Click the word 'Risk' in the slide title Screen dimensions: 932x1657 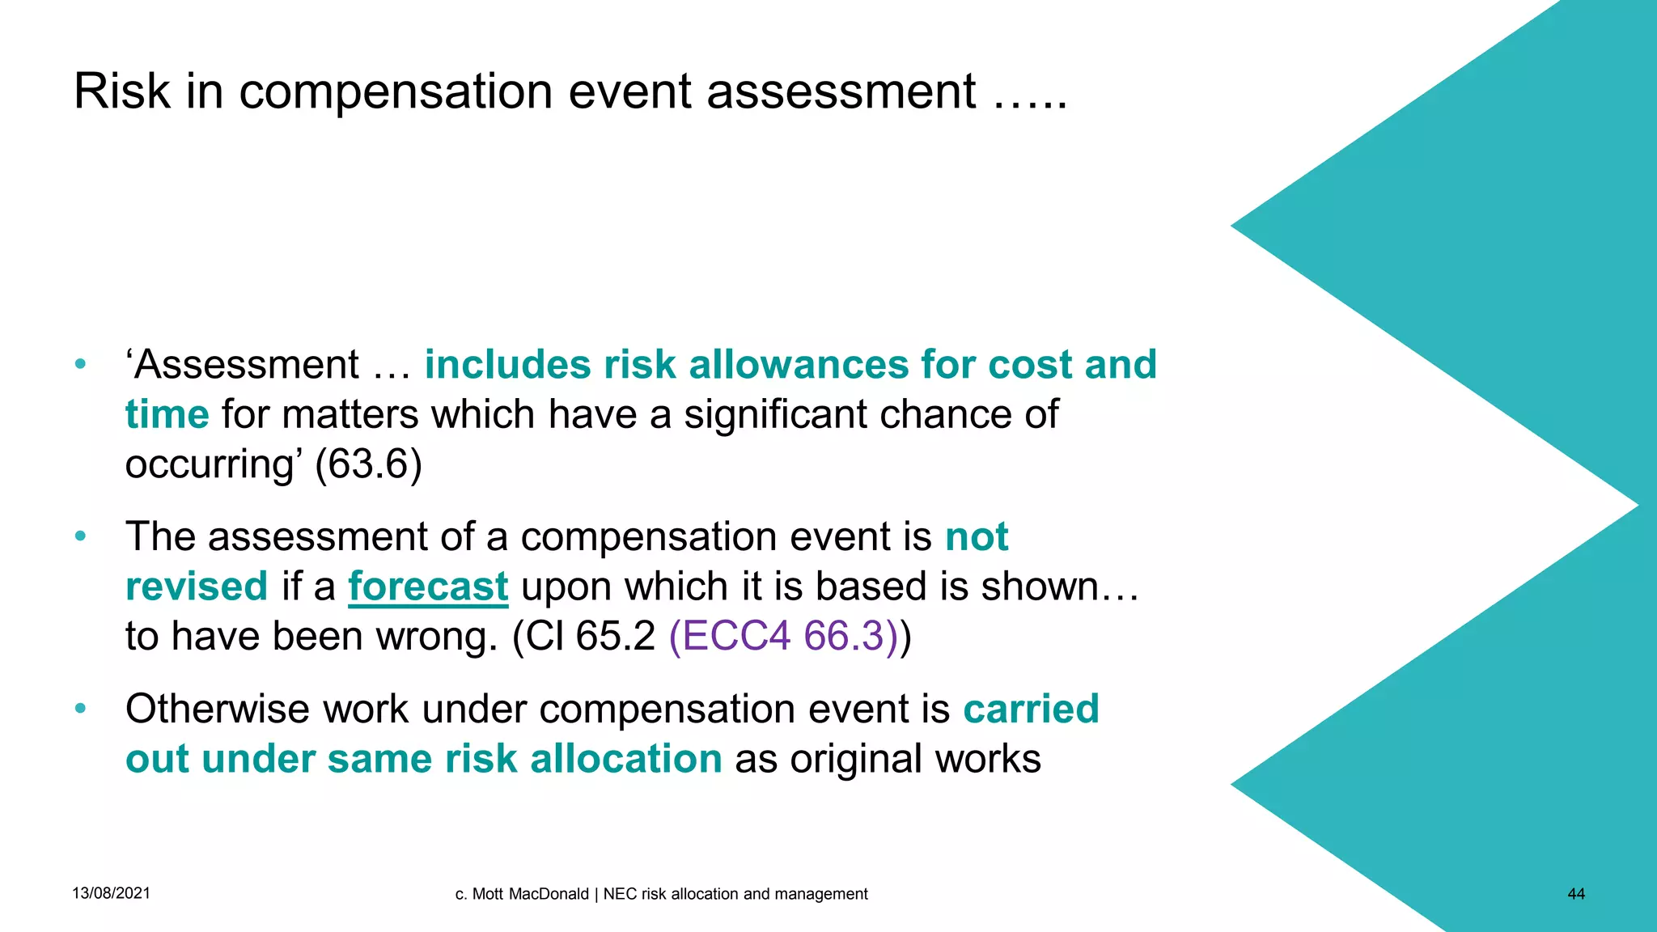coord(122,91)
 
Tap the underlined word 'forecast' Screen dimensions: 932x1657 coord(428,587)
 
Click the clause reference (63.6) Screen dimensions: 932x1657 coord(368,464)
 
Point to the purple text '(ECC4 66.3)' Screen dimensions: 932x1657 coord(783,636)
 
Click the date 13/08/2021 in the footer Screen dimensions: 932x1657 coord(111,893)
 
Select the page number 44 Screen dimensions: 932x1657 coord(1576,894)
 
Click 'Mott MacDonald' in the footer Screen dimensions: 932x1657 coord(530,894)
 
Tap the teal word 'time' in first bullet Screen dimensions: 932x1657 coord(167,415)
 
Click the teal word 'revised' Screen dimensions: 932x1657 coord(197,587)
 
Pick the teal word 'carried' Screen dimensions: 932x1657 coord(1031,710)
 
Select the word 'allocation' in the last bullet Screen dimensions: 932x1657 coord(625,760)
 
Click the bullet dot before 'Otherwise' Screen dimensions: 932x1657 coord(80,709)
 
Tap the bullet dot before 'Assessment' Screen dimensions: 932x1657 coord(80,364)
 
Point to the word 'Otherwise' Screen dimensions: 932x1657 coord(217,710)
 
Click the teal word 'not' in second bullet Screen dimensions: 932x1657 coord(977,537)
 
